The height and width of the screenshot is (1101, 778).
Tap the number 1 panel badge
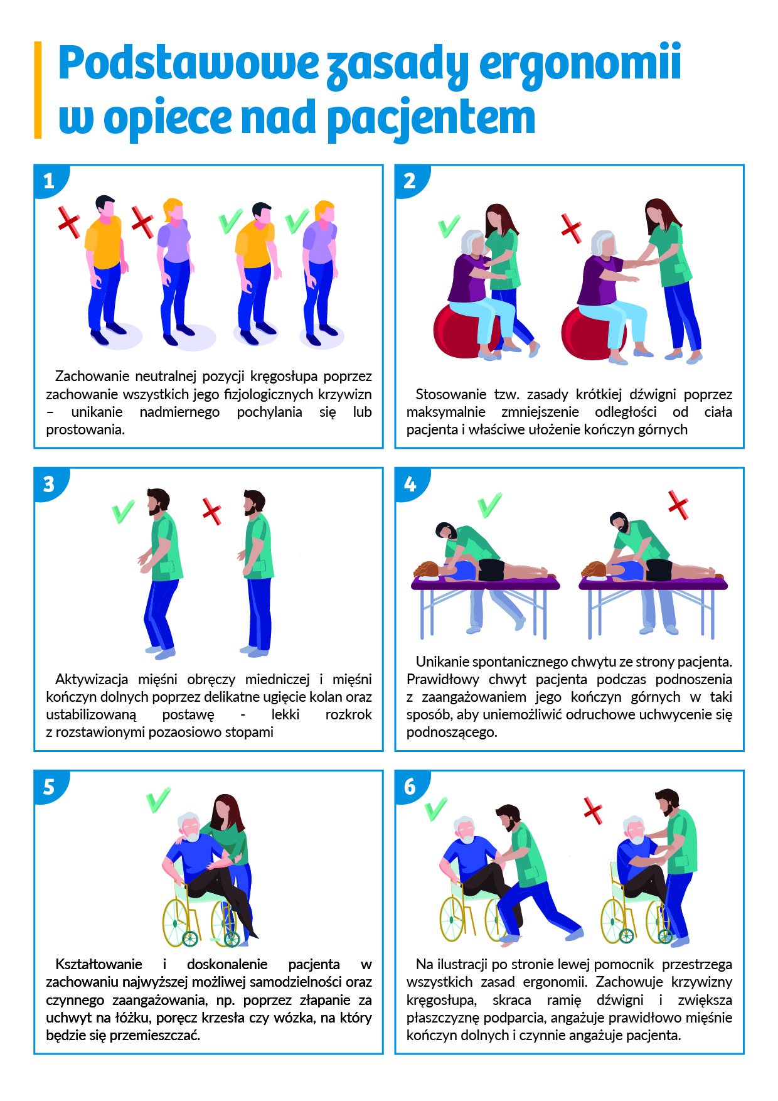coord(50,181)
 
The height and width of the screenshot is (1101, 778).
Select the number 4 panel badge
coord(411,484)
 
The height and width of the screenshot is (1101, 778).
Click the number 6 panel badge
coord(411,787)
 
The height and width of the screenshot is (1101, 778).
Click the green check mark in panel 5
coord(158,800)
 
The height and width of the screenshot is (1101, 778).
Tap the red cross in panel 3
coord(212,511)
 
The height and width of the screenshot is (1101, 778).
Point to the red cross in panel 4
coord(678,505)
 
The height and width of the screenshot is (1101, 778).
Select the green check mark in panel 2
coord(449,227)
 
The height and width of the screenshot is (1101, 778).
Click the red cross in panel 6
coord(593,810)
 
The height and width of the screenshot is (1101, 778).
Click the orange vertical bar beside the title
coord(38,90)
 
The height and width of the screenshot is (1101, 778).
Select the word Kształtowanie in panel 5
coord(99,964)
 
